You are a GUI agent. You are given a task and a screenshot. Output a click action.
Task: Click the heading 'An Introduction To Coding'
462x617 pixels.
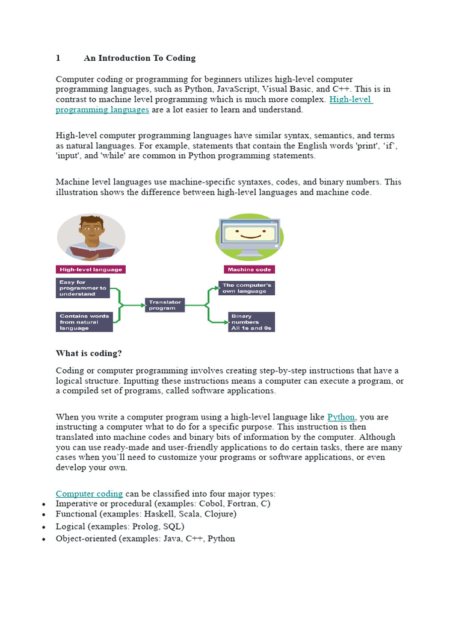[140, 58]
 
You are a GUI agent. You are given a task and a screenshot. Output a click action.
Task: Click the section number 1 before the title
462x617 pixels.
[58, 58]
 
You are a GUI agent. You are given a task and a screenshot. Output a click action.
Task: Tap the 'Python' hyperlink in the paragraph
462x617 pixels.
[341, 417]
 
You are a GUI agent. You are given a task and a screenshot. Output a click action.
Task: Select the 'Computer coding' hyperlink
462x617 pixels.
[89, 493]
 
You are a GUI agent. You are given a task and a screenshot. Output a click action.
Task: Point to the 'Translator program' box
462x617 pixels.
[164, 305]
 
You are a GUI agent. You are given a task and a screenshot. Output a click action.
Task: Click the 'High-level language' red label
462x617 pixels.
[91, 269]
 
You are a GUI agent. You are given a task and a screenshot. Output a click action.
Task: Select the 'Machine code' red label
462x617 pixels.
[248, 269]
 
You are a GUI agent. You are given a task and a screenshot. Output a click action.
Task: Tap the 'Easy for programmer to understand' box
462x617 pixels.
[84, 287]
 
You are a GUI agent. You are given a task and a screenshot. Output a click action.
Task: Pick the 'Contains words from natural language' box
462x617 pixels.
[84, 322]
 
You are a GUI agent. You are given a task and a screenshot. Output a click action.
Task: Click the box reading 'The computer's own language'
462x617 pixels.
[246, 288]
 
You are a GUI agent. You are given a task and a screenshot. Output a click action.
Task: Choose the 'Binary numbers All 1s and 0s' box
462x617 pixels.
[251, 322]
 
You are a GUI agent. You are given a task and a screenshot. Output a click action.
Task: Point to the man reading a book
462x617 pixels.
[91, 236]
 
